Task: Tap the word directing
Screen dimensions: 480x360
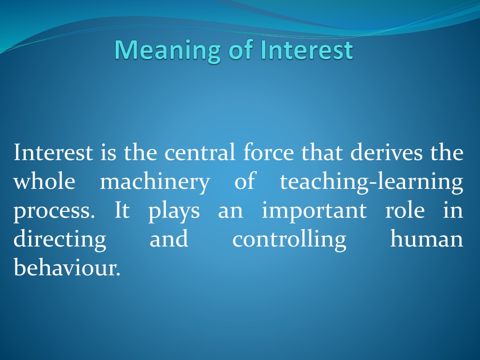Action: tap(60, 240)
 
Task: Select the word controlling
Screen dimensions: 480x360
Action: tap(289, 240)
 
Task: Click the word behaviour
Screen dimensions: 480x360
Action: tap(67, 267)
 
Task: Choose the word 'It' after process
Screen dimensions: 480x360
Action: tap(122, 210)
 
